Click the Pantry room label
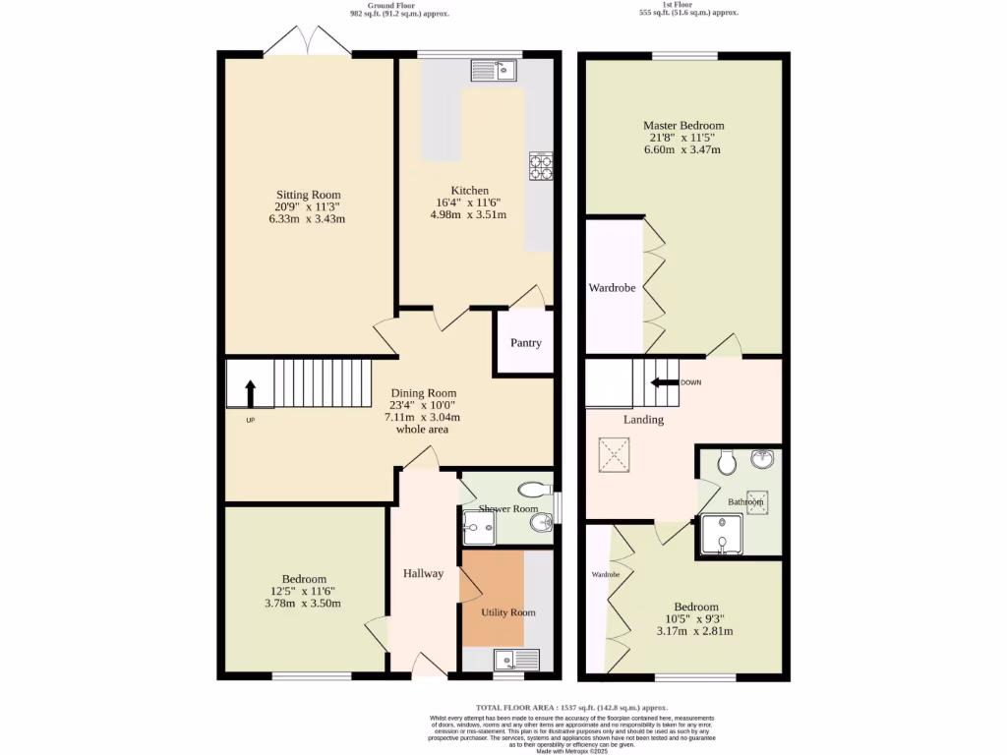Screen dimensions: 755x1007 pyautogui.click(x=525, y=343)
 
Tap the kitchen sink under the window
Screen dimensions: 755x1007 pyautogui.click(x=494, y=70)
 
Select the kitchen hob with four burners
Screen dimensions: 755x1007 pyautogui.click(x=540, y=167)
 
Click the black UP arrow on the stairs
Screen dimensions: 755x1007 pyautogui.click(x=250, y=393)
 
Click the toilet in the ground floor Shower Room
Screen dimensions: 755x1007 pyautogui.click(x=537, y=489)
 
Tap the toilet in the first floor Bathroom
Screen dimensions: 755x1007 pyautogui.click(x=728, y=462)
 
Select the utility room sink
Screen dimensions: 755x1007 pyautogui.click(x=517, y=660)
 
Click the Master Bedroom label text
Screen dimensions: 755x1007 pyautogui.click(x=683, y=126)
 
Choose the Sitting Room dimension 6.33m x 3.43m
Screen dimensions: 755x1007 pyautogui.click(x=307, y=219)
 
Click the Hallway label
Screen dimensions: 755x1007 pyautogui.click(x=423, y=573)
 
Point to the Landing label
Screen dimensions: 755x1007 pyautogui.click(x=643, y=420)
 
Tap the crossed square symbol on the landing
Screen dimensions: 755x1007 pyautogui.click(x=615, y=456)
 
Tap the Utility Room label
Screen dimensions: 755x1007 pyautogui.click(x=507, y=612)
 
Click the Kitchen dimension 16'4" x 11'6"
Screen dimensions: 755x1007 pyautogui.click(x=470, y=203)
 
